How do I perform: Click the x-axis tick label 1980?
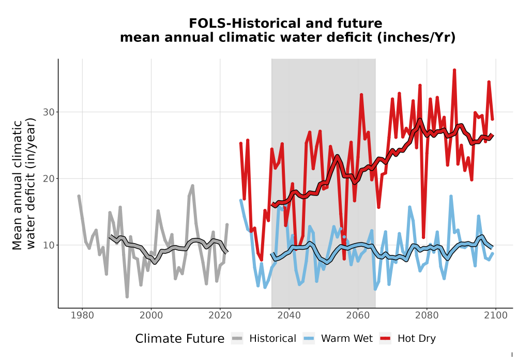82,315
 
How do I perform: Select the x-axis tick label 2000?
151,315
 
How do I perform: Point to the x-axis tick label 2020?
220,315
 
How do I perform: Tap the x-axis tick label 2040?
289,315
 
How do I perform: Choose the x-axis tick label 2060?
358,315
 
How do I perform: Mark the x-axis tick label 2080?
427,315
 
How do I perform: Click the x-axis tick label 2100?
496,315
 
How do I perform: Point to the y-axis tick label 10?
49,245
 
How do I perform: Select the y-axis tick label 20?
49,179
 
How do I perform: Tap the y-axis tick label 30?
49,112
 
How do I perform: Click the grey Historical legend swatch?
237,339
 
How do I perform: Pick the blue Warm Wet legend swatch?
309,339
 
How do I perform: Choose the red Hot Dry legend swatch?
385,339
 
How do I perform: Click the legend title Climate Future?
180,339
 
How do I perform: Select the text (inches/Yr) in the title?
416,38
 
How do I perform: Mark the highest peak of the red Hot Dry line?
454,70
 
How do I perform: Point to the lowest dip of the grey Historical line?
127,297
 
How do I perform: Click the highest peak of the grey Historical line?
192,186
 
